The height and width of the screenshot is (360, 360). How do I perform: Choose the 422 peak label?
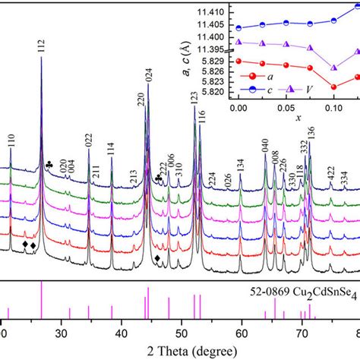click(330, 172)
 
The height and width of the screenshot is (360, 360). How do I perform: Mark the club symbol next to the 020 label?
click(49, 164)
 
